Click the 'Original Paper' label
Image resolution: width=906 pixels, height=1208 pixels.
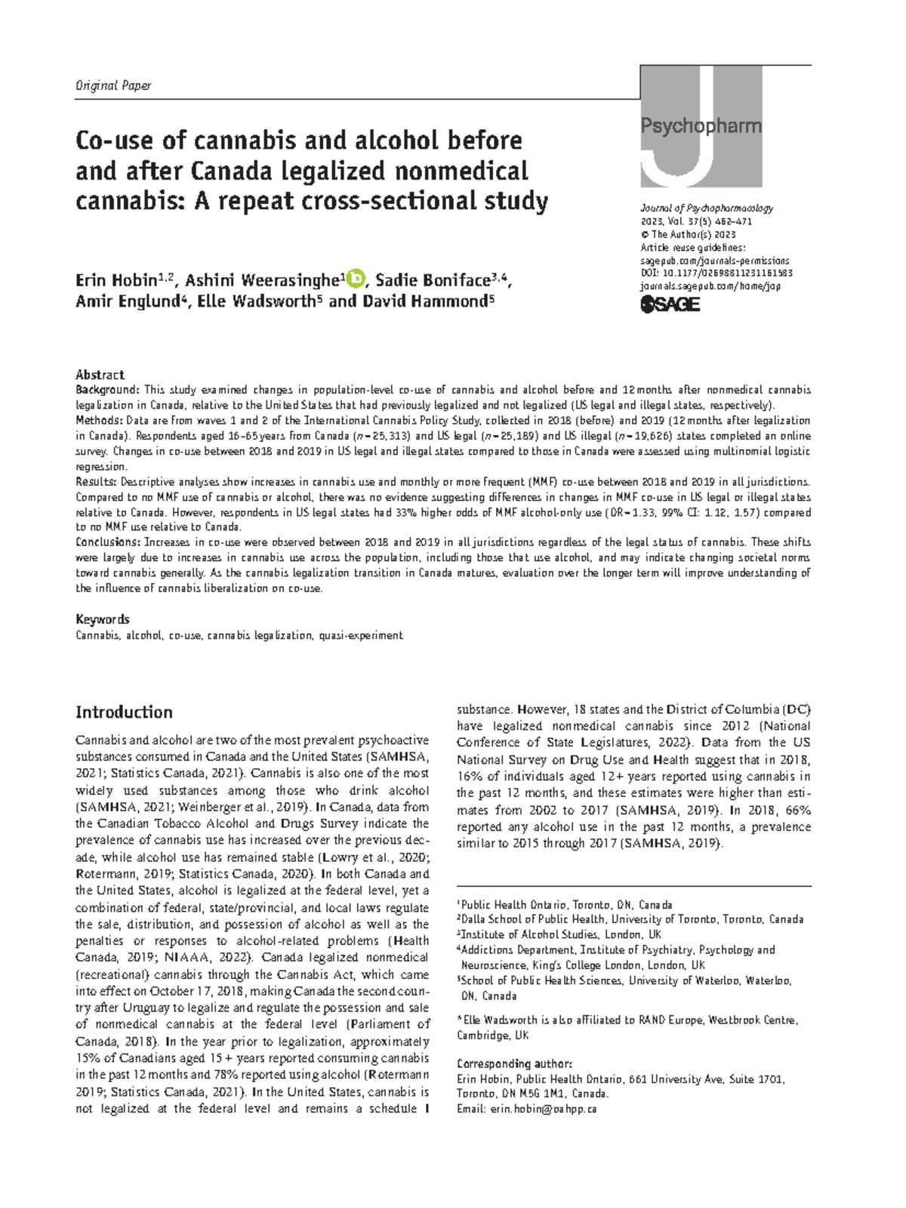113,85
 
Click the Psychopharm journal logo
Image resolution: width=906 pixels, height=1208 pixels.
701,126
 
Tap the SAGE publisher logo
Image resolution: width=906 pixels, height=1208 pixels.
670,304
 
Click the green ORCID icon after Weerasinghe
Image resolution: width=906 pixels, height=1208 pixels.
354,280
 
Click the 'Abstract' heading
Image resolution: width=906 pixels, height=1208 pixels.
100,375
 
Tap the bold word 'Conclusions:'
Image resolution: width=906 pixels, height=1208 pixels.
108,542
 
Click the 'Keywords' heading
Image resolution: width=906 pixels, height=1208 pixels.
103,619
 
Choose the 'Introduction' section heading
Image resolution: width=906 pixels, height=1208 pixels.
124,712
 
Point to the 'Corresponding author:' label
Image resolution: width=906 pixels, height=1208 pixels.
514,1063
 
